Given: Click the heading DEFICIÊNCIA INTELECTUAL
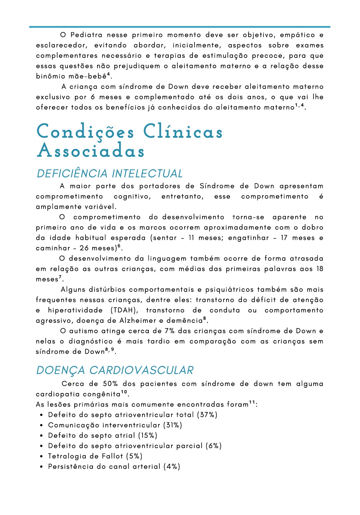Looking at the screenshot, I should pyautogui.click(x=110, y=174).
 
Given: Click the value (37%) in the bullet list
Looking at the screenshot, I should pyautogui.click(x=207, y=415).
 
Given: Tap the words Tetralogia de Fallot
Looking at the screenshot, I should pyautogui.click(x=85, y=456).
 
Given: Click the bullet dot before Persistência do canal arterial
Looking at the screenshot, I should pyautogui.click(x=41, y=467).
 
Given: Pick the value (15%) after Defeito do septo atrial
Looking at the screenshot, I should pyautogui.click(x=148, y=436).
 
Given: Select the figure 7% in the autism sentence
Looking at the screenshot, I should pyautogui.click(x=170, y=331).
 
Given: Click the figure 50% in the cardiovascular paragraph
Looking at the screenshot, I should pyautogui.click(x=110, y=384).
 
